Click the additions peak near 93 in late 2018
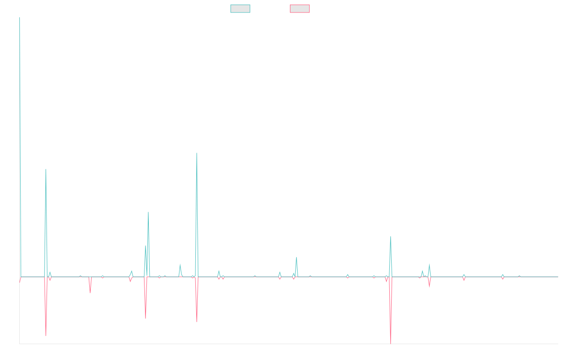pyautogui.click(x=46, y=169)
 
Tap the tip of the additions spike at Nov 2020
pyautogui.click(x=197, y=153)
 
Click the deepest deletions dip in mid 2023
pyautogui.click(x=391, y=343)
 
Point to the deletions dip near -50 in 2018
pyautogui.click(x=46, y=335)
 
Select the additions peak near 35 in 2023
pyautogui.click(x=391, y=237)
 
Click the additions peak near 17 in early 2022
pyautogui.click(x=297, y=257)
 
